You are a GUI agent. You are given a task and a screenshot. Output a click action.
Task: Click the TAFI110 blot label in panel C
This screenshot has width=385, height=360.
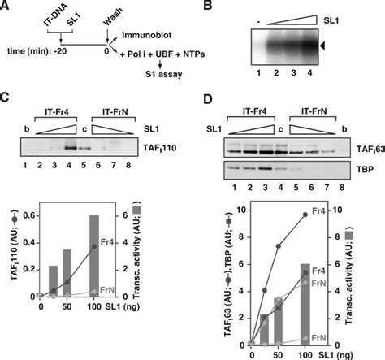(x=167, y=150)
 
